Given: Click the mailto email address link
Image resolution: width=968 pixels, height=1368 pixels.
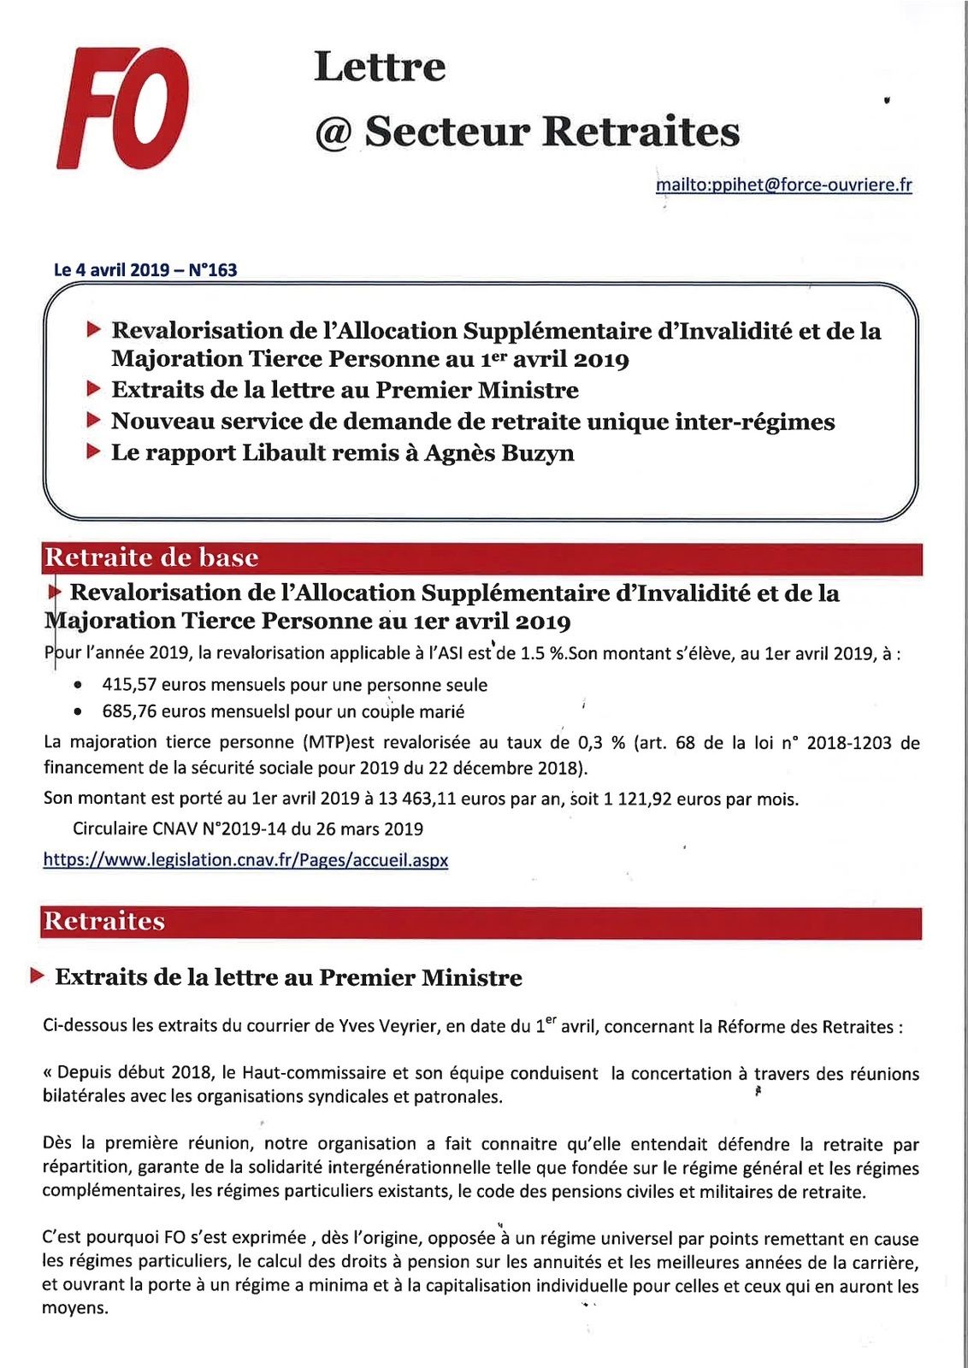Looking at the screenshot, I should tap(783, 185).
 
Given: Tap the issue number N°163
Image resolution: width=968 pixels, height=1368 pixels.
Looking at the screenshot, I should tap(212, 270).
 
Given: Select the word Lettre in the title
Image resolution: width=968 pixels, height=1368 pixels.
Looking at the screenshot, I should tap(380, 67).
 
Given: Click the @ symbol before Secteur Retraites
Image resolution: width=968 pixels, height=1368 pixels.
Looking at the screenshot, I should tap(333, 133).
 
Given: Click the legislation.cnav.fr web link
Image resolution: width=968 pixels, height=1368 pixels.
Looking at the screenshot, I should tap(245, 860).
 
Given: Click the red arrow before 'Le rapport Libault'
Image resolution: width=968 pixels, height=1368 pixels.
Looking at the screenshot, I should tap(94, 452).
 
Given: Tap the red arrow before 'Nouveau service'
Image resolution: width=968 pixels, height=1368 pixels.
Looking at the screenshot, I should tap(94, 421).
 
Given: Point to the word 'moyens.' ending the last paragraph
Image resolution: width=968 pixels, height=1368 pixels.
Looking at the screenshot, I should tap(75, 1308).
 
